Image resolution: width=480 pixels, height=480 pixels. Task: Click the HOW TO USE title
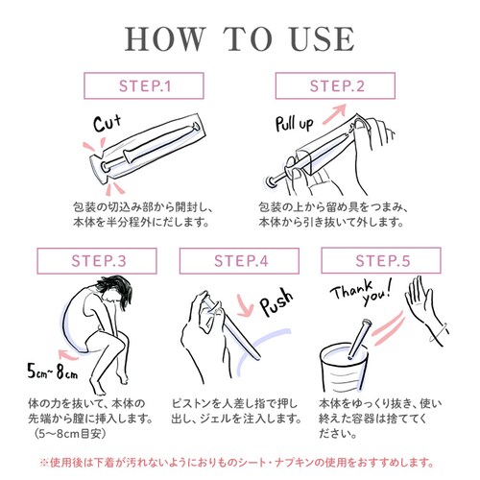240,39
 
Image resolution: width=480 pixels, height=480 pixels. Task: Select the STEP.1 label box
144,85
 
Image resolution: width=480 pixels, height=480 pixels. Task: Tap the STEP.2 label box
335,85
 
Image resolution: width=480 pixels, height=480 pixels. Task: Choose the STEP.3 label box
97,261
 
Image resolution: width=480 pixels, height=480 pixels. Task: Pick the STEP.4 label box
239,261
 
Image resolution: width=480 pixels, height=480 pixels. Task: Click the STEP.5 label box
381,260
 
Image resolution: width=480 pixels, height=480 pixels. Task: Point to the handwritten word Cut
108,123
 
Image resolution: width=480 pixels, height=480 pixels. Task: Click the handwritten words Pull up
295,124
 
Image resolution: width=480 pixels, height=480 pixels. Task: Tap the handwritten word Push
276,302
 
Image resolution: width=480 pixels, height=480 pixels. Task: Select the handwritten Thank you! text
362,292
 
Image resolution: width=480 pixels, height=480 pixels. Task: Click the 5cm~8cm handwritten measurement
53,372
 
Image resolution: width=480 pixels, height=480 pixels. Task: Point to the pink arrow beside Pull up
335,113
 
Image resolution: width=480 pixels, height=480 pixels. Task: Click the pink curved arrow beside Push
244,306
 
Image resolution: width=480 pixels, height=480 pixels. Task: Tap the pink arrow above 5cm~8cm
68,354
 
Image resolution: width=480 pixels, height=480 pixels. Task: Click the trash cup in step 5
344,368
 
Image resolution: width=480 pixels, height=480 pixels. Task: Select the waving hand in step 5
425,309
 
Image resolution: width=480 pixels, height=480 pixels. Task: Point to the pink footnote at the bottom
237,462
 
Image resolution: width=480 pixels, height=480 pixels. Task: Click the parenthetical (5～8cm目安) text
69,434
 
